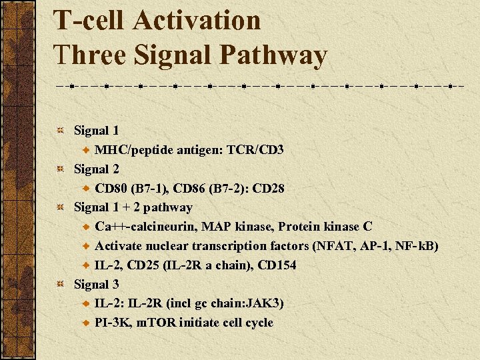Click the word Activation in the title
tap(197, 21)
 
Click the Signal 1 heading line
tap(96, 131)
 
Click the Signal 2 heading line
tap(96, 169)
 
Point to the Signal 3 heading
tap(96, 285)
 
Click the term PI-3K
tap(111, 323)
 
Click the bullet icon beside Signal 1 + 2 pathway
tap(59, 208)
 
